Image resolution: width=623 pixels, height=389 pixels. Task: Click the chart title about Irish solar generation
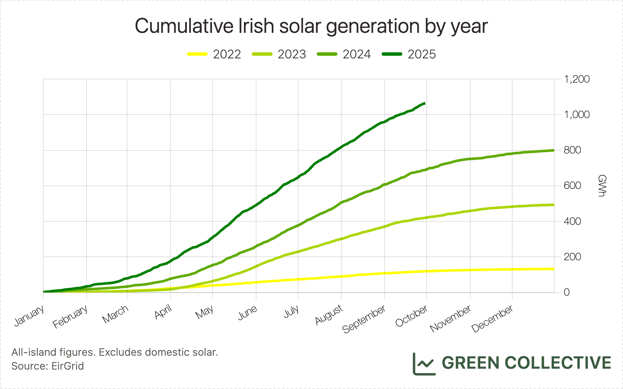tap(311, 26)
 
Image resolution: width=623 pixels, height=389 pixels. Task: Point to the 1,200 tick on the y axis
tap(577, 79)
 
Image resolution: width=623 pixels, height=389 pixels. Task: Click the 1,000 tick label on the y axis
tap(577, 115)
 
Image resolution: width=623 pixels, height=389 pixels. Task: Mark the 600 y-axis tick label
tap(572, 186)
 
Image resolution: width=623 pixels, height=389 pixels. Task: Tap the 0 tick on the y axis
tap(566, 293)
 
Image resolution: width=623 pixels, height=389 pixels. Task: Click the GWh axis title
tap(601, 186)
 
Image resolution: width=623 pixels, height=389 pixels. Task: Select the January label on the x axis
tap(29, 316)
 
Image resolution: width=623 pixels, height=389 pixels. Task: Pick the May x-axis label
tap(205, 312)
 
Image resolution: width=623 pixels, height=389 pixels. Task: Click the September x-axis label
tap(364, 319)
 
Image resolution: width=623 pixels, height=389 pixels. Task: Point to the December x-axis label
tap(492, 319)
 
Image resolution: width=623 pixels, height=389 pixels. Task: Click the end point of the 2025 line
tap(425, 103)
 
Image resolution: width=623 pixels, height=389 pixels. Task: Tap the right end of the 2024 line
tap(554, 150)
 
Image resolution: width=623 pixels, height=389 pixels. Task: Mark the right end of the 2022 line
tap(554, 269)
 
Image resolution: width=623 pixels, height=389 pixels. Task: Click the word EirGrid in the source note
tap(67, 366)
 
